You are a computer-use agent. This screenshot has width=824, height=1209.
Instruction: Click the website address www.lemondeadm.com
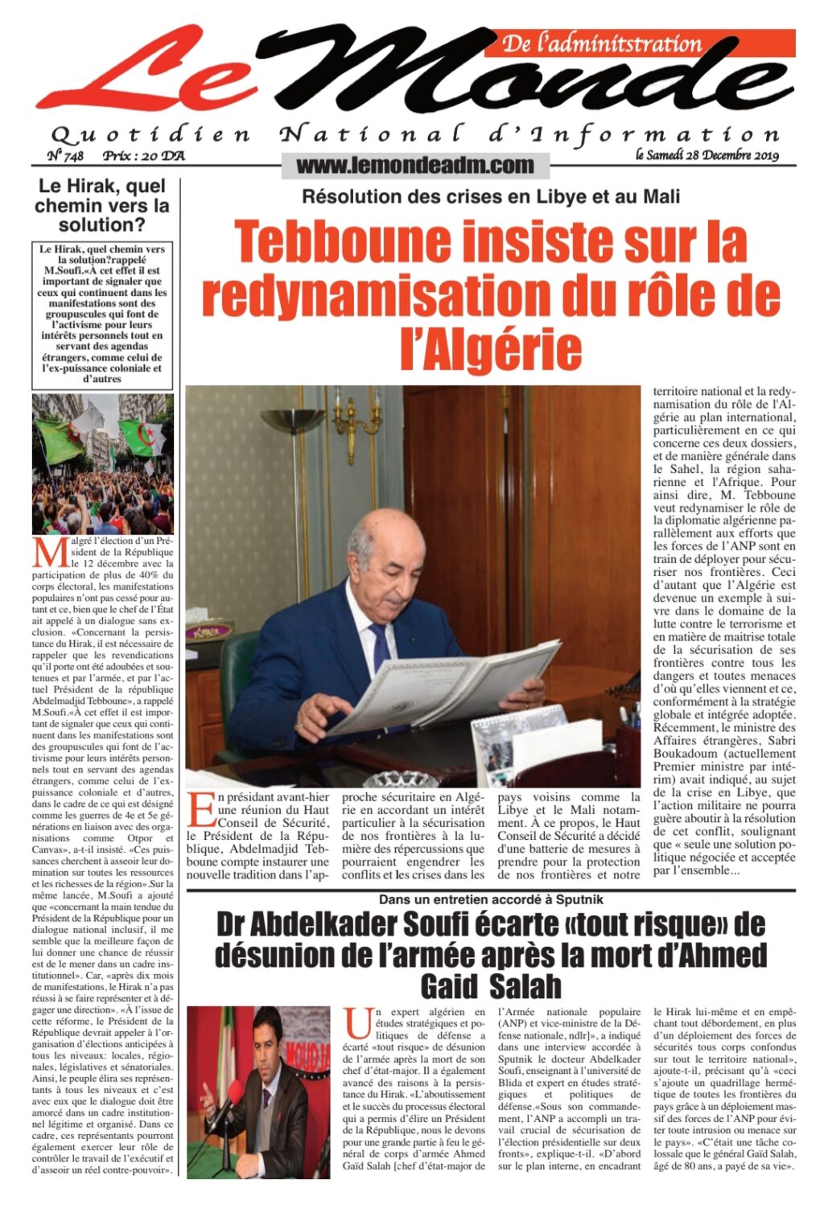(415, 166)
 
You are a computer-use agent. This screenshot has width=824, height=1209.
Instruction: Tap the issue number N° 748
(66, 155)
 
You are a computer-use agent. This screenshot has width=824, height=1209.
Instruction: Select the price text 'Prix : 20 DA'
(143, 155)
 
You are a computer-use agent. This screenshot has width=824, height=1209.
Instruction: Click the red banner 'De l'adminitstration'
(603, 43)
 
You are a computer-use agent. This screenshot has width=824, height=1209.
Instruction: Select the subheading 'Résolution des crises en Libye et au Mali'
(491, 196)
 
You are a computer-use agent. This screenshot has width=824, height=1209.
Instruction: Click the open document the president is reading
(451, 684)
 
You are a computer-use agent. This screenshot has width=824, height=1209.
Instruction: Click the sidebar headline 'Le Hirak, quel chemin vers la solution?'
(102, 205)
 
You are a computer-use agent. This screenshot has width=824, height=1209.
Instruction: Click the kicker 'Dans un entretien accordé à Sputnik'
(491, 899)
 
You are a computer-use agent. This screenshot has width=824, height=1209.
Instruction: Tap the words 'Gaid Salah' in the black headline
(490, 986)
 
